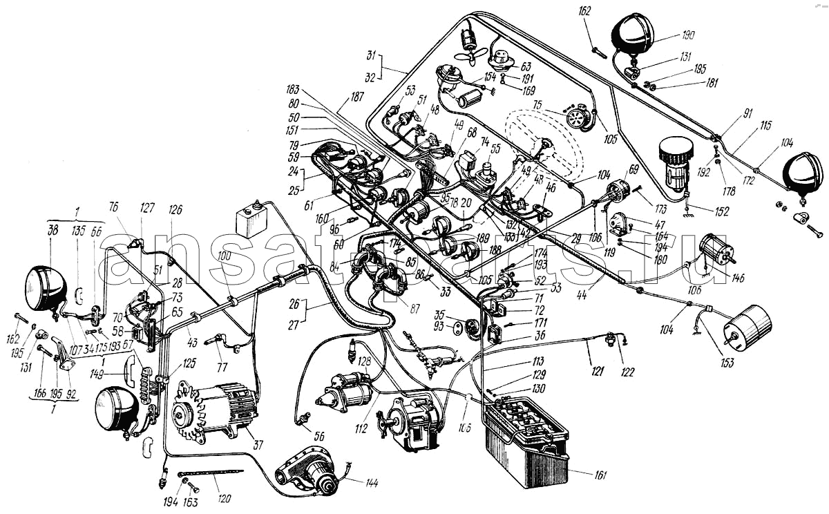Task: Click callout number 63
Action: click(x=526, y=67)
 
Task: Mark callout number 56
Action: click(x=318, y=437)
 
